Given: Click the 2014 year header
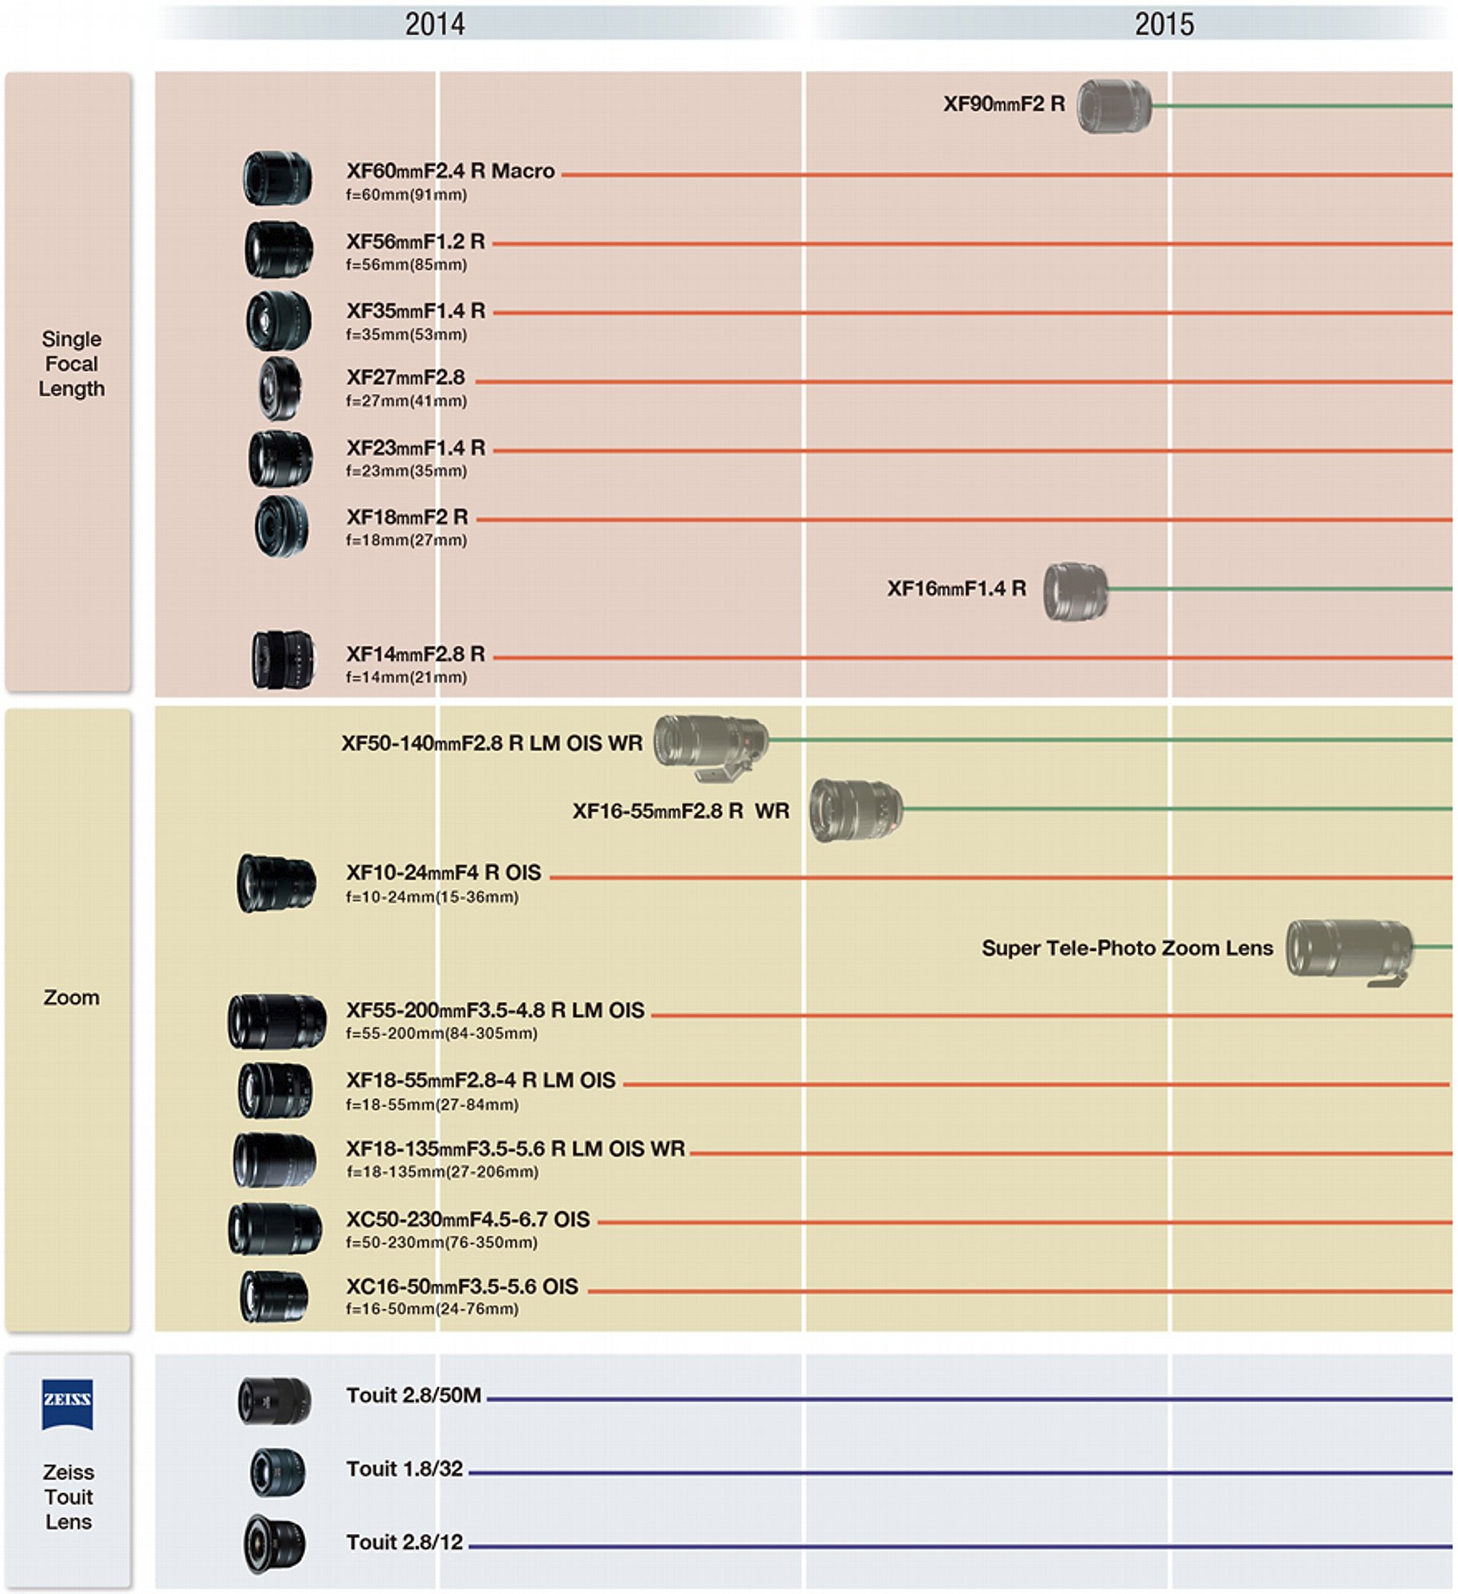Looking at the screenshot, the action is click(x=434, y=24).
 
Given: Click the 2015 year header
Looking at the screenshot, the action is click(x=1164, y=24).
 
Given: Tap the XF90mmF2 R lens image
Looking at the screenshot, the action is click(x=1114, y=106).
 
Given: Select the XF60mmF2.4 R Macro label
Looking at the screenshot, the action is click(x=450, y=171).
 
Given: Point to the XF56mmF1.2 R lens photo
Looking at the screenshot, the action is click(x=278, y=249).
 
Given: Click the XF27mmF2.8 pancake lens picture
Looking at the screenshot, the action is click(x=280, y=388).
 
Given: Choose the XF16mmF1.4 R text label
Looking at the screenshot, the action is click(x=957, y=589).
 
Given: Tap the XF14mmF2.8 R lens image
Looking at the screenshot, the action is click(x=283, y=660).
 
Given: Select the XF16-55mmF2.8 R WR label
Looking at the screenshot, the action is click(x=681, y=811).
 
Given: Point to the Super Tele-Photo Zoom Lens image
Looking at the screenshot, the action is click(x=1349, y=952).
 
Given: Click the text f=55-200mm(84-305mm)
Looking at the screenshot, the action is click(x=441, y=1034).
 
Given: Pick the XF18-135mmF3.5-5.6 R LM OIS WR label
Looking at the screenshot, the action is click(x=515, y=1149).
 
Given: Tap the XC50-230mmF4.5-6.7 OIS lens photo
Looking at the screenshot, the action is click(x=276, y=1229).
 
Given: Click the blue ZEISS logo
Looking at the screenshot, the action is click(x=68, y=1404).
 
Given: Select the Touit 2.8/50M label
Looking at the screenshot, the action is click(x=413, y=1396).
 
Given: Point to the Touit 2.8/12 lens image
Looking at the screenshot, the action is click(x=274, y=1544).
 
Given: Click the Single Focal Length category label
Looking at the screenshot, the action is click(x=72, y=363).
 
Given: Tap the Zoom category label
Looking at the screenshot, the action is click(x=72, y=998).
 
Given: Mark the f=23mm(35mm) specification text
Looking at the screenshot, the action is click(x=406, y=471).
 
